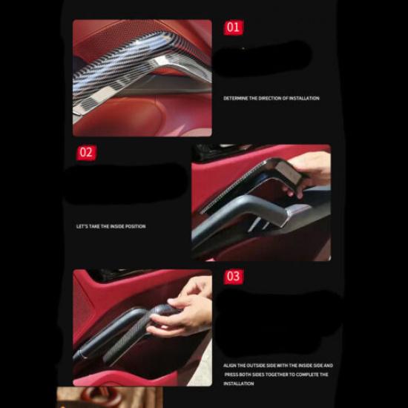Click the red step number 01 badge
pos(234,27)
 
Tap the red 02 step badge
pos(87,153)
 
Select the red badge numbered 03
pos(234,276)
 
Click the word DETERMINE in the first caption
pos(236,98)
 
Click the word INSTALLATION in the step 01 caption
pos(305,98)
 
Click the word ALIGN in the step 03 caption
pos(231,366)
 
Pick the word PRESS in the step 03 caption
pos(231,375)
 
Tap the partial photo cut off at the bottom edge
pos(89,398)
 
